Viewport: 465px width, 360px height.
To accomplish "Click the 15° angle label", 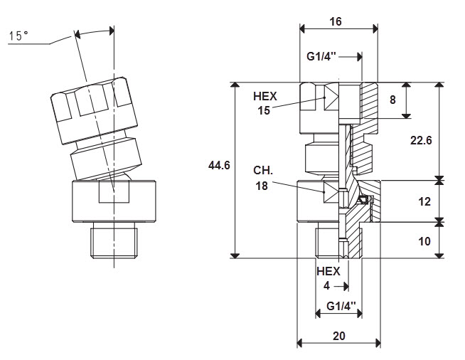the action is (x=18, y=36).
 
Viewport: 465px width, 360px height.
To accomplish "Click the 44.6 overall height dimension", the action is (x=219, y=165).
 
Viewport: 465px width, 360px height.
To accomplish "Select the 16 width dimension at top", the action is (x=336, y=21).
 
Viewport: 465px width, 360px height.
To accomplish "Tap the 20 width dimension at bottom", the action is (x=338, y=336).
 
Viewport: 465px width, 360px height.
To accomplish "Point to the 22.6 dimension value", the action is (x=421, y=140).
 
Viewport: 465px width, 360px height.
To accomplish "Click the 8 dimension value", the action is (x=392, y=100).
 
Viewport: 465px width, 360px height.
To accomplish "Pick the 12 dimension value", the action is (x=424, y=201).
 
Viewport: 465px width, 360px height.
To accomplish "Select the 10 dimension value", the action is (x=424, y=241).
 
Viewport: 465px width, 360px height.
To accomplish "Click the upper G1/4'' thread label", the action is (x=321, y=56).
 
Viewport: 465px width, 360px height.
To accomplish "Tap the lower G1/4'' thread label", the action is (x=341, y=306).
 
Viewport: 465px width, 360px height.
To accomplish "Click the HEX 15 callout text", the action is (x=264, y=103).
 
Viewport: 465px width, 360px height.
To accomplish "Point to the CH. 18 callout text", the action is (x=263, y=178).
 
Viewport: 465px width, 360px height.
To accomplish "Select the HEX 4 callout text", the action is (x=328, y=278).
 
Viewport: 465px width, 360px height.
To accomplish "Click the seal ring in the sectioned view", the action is (x=363, y=199).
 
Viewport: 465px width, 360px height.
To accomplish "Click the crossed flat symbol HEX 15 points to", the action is (x=331, y=97).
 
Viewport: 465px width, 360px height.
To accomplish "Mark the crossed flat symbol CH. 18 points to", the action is (x=331, y=192).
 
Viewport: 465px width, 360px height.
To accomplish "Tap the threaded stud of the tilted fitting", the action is (x=114, y=240).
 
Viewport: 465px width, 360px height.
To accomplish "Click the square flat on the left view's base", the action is (x=114, y=191).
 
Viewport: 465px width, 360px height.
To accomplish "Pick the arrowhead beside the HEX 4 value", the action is (x=346, y=287).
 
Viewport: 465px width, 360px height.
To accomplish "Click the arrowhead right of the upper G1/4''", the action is (x=360, y=57).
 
